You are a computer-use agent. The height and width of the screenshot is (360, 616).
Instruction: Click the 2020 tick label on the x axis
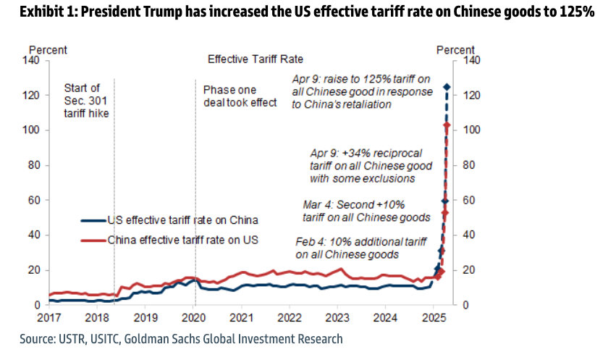click(x=194, y=317)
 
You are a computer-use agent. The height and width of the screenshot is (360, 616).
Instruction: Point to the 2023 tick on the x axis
click(x=337, y=317)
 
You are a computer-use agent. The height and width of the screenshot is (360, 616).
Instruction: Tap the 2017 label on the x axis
click(x=50, y=317)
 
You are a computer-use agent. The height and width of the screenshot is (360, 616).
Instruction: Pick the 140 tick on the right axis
click(x=471, y=60)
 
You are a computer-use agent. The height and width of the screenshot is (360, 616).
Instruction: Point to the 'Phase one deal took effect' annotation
click(x=240, y=96)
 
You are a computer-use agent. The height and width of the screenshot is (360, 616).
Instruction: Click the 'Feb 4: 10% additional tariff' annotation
click(x=347, y=248)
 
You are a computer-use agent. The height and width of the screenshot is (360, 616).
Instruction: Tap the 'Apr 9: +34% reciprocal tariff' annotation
click(x=366, y=166)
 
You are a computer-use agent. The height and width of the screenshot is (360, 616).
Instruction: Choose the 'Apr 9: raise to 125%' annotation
click(x=361, y=91)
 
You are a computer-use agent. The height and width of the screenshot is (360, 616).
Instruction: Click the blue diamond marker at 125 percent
click(x=447, y=87)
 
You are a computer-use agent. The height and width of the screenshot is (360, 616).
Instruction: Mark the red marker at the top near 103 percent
click(x=447, y=125)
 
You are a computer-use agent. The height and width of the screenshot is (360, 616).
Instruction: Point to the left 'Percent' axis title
click(x=48, y=50)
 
